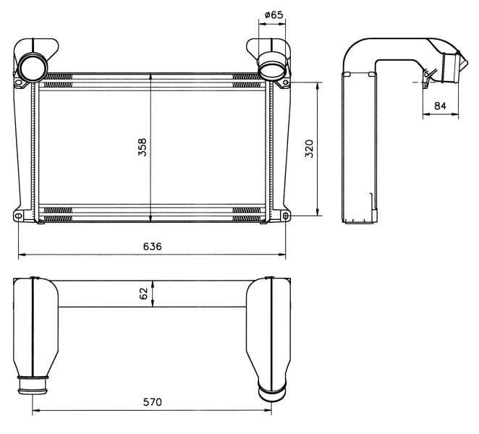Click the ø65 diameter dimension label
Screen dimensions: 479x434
274,14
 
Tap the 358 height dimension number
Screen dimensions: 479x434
143,148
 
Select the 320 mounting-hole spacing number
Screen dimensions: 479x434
310,149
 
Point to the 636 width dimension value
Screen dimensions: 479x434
153,246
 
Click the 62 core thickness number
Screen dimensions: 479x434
143,294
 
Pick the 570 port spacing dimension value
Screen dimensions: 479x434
153,402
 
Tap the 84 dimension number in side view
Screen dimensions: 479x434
440,106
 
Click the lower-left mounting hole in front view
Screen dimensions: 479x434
18,216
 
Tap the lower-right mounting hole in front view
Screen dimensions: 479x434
286,216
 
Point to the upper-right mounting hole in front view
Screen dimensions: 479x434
286,82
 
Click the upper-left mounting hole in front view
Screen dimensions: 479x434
18,82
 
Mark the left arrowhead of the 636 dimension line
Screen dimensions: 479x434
22,254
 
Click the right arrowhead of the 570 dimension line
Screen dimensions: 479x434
268,410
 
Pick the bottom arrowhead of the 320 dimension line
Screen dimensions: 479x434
318,213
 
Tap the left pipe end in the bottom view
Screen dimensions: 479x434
33,386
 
